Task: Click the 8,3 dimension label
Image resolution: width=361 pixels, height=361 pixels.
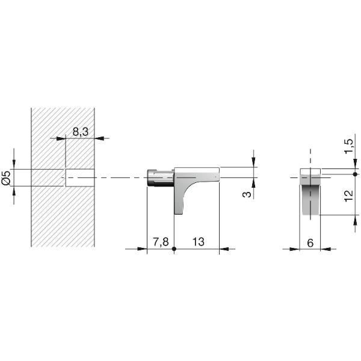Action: [81, 132]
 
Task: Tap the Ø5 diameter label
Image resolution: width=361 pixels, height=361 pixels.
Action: [6, 178]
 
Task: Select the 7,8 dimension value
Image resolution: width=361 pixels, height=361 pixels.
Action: [161, 242]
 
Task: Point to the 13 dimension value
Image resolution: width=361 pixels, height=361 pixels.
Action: [198, 242]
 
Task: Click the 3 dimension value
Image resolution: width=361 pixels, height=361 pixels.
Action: [247, 194]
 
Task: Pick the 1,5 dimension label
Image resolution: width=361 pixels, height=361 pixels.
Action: [348, 147]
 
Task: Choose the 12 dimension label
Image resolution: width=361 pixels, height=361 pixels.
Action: [348, 196]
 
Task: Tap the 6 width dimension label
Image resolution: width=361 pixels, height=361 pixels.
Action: [310, 243]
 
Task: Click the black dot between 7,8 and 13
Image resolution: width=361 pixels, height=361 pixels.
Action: [174, 249]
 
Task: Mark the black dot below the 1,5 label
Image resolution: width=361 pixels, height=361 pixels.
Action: [355, 174]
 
